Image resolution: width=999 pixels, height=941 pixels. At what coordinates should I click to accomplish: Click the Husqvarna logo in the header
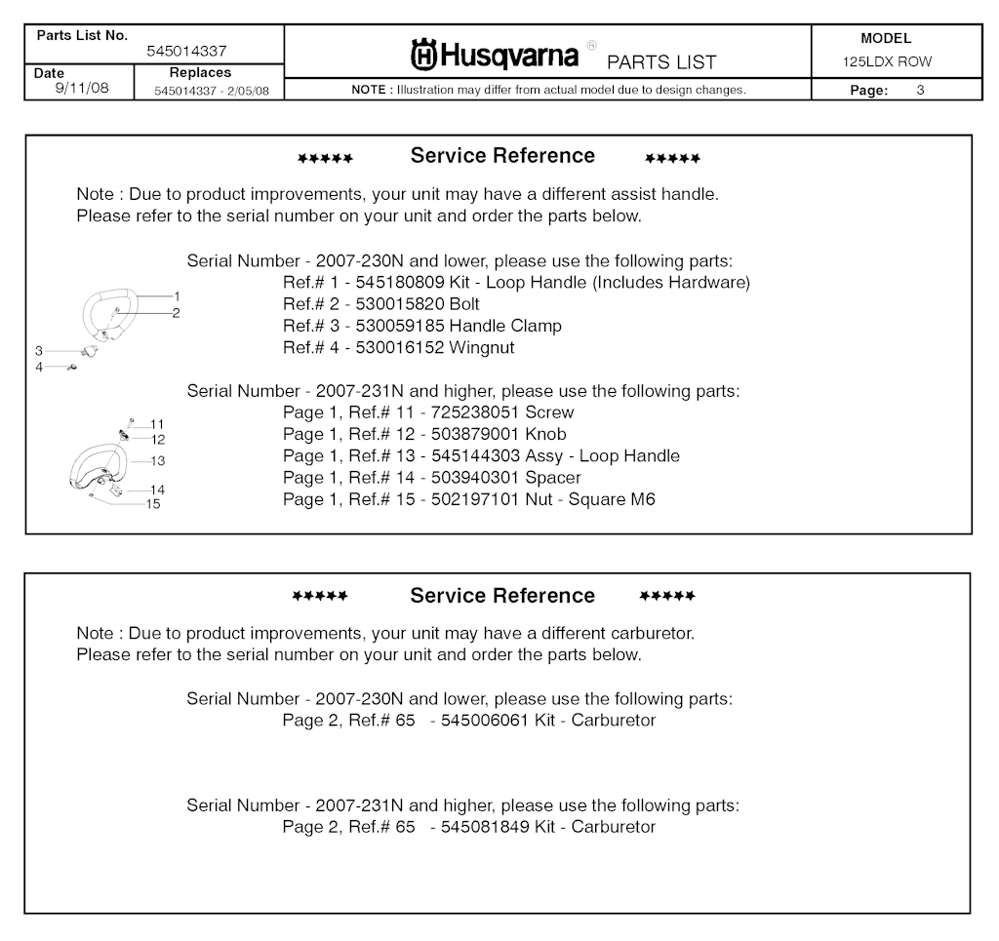pyautogui.click(x=496, y=56)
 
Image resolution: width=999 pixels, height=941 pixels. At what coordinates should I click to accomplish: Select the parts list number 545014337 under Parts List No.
pyautogui.click(x=186, y=52)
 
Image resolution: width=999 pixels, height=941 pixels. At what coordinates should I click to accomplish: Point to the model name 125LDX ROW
pyautogui.click(x=887, y=61)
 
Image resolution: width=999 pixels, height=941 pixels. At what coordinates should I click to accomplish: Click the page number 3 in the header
pyautogui.click(x=920, y=91)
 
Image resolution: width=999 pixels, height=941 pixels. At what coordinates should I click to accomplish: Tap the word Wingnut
pyautogui.click(x=481, y=347)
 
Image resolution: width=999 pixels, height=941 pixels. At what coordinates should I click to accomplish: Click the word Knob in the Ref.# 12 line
pyautogui.click(x=545, y=434)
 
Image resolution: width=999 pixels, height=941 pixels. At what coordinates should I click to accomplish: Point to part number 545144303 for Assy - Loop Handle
pyautogui.click(x=475, y=455)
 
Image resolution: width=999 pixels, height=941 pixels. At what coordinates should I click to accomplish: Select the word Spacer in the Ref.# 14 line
pyautogui.click(x=553, y=478)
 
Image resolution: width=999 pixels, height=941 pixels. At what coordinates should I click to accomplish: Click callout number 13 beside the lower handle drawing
pyautogui.click(x=157, y=460)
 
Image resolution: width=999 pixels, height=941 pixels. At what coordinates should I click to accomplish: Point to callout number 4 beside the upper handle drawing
pyautogui.click(x=39, y=367)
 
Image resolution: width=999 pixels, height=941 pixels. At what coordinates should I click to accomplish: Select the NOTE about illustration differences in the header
pyautogui.click(x=548, y=90)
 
